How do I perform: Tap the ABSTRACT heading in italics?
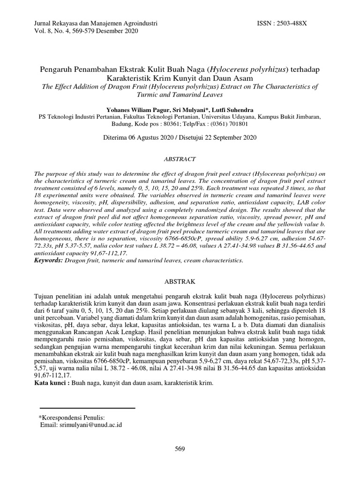180,159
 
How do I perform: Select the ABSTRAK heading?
180,282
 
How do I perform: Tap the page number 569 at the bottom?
180,449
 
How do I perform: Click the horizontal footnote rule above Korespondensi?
87,408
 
